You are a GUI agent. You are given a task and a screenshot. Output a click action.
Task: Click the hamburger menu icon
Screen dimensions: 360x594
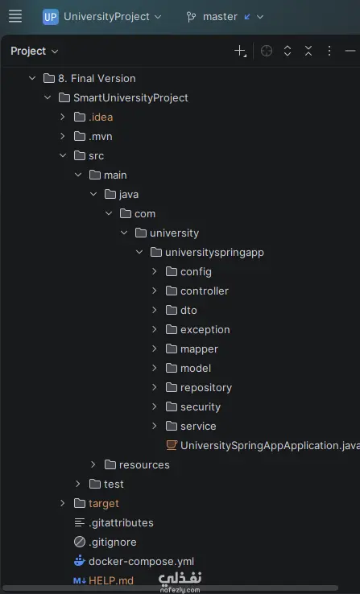coord(15,16)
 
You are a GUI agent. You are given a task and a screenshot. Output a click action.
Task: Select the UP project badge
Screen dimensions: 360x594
coord(51,17)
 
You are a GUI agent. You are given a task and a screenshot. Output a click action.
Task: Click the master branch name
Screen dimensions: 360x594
coord(220,17)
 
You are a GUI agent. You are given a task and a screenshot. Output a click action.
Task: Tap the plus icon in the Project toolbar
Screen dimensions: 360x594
coord(241,51)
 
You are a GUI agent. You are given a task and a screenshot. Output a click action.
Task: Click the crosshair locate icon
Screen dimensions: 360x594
coord(267,51)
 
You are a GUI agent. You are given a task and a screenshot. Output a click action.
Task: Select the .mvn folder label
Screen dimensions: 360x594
coord(101,136)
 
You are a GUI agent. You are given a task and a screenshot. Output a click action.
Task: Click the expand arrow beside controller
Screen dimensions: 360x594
coord(155,291)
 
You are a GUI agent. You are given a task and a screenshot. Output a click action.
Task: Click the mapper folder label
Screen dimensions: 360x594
coord(199,349)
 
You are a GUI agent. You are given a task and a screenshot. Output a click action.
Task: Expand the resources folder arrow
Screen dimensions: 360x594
coord(93,464)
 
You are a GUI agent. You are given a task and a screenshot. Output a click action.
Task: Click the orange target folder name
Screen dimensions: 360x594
coord(103,504)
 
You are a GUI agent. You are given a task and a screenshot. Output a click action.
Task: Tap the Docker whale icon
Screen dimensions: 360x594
coord(79,561)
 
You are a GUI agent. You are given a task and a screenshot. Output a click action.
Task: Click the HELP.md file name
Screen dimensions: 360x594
coord(111,580)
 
